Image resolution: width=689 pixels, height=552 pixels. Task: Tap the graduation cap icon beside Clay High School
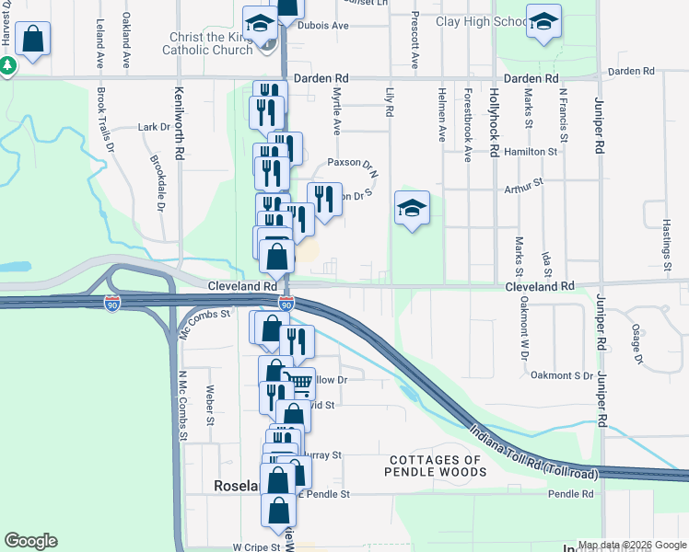[x=543, y=21]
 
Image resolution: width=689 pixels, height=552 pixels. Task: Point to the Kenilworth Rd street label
[x=180, y=121]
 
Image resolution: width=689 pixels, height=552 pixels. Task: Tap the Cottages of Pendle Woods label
[x=436, y=466]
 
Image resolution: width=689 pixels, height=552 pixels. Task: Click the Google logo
[x=30, y=541]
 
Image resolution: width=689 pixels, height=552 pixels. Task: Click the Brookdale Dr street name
[x=155, y=181]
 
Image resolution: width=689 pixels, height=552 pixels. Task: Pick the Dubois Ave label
[x=322, y=26]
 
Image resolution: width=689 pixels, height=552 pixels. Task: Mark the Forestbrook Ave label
[x=468, y=125]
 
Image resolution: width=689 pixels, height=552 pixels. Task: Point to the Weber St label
[x=210, y=406]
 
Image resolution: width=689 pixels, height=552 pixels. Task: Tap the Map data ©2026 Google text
[x=631, y=545]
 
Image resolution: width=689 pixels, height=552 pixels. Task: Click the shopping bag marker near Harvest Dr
[x=32, y=39]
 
